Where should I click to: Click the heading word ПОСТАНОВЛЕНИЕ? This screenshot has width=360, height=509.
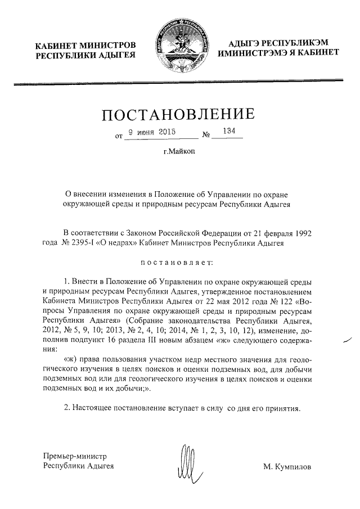(x=178, y=115)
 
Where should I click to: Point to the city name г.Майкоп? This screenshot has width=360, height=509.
(x=178, y=152)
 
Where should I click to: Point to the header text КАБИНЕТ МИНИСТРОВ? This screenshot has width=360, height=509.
(x=85, y=45)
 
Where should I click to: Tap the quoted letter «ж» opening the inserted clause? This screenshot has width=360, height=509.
(x=71, y=358)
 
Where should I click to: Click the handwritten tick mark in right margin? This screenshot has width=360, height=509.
(x=345, y=340)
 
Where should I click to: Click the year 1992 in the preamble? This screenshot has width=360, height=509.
(x=302, y=233)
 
